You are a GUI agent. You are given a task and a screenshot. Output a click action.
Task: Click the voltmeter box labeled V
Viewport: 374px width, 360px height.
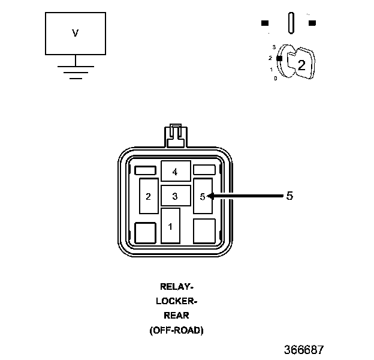[76, 34]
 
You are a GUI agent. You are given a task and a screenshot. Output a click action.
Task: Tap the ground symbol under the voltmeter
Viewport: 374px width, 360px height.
[76, 72]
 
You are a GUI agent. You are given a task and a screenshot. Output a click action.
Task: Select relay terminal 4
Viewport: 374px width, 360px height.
[176, 171]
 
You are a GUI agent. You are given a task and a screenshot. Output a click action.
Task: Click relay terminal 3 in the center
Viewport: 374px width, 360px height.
[176, 196]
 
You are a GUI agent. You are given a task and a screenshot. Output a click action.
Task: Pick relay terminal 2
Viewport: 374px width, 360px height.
[149, 196]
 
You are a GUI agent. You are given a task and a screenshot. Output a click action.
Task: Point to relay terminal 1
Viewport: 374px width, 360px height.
[170, 226]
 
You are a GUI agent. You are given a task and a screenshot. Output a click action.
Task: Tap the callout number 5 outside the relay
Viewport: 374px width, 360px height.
[289, 196]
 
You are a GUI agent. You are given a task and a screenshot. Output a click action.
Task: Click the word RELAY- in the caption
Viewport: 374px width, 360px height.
[176, 286]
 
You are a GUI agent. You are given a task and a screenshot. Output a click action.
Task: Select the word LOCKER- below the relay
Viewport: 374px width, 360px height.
[176, 301]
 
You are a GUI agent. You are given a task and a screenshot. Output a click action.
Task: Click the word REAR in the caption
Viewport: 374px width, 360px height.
[176, 316]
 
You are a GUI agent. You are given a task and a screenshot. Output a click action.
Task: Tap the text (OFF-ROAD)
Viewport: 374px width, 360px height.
[176, 331]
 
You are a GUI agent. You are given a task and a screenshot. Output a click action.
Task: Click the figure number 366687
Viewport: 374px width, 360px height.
[304, 350]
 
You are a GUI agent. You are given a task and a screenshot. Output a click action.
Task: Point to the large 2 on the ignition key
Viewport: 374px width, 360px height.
[301, 65]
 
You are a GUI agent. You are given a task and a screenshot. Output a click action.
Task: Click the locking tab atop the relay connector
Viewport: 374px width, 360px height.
[176, 136]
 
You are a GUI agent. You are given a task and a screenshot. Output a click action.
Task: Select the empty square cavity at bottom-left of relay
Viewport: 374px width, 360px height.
[145, 233]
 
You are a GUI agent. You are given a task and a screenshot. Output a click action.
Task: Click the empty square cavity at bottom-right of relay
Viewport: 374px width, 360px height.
[204, 231]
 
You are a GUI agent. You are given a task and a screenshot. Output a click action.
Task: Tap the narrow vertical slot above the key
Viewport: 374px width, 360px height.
[291, 23]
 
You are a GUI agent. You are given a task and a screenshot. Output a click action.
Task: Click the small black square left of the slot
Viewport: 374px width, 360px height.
[265, 23]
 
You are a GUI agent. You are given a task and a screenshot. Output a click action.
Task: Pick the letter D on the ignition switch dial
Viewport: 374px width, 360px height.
[276, 79]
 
